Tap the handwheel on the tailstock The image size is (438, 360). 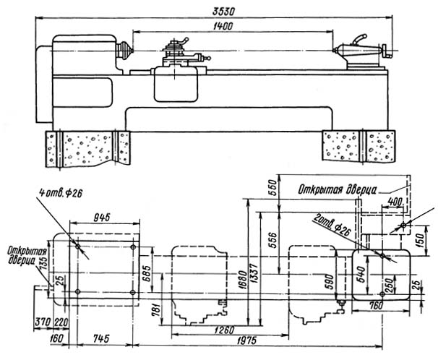pos(390,51)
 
